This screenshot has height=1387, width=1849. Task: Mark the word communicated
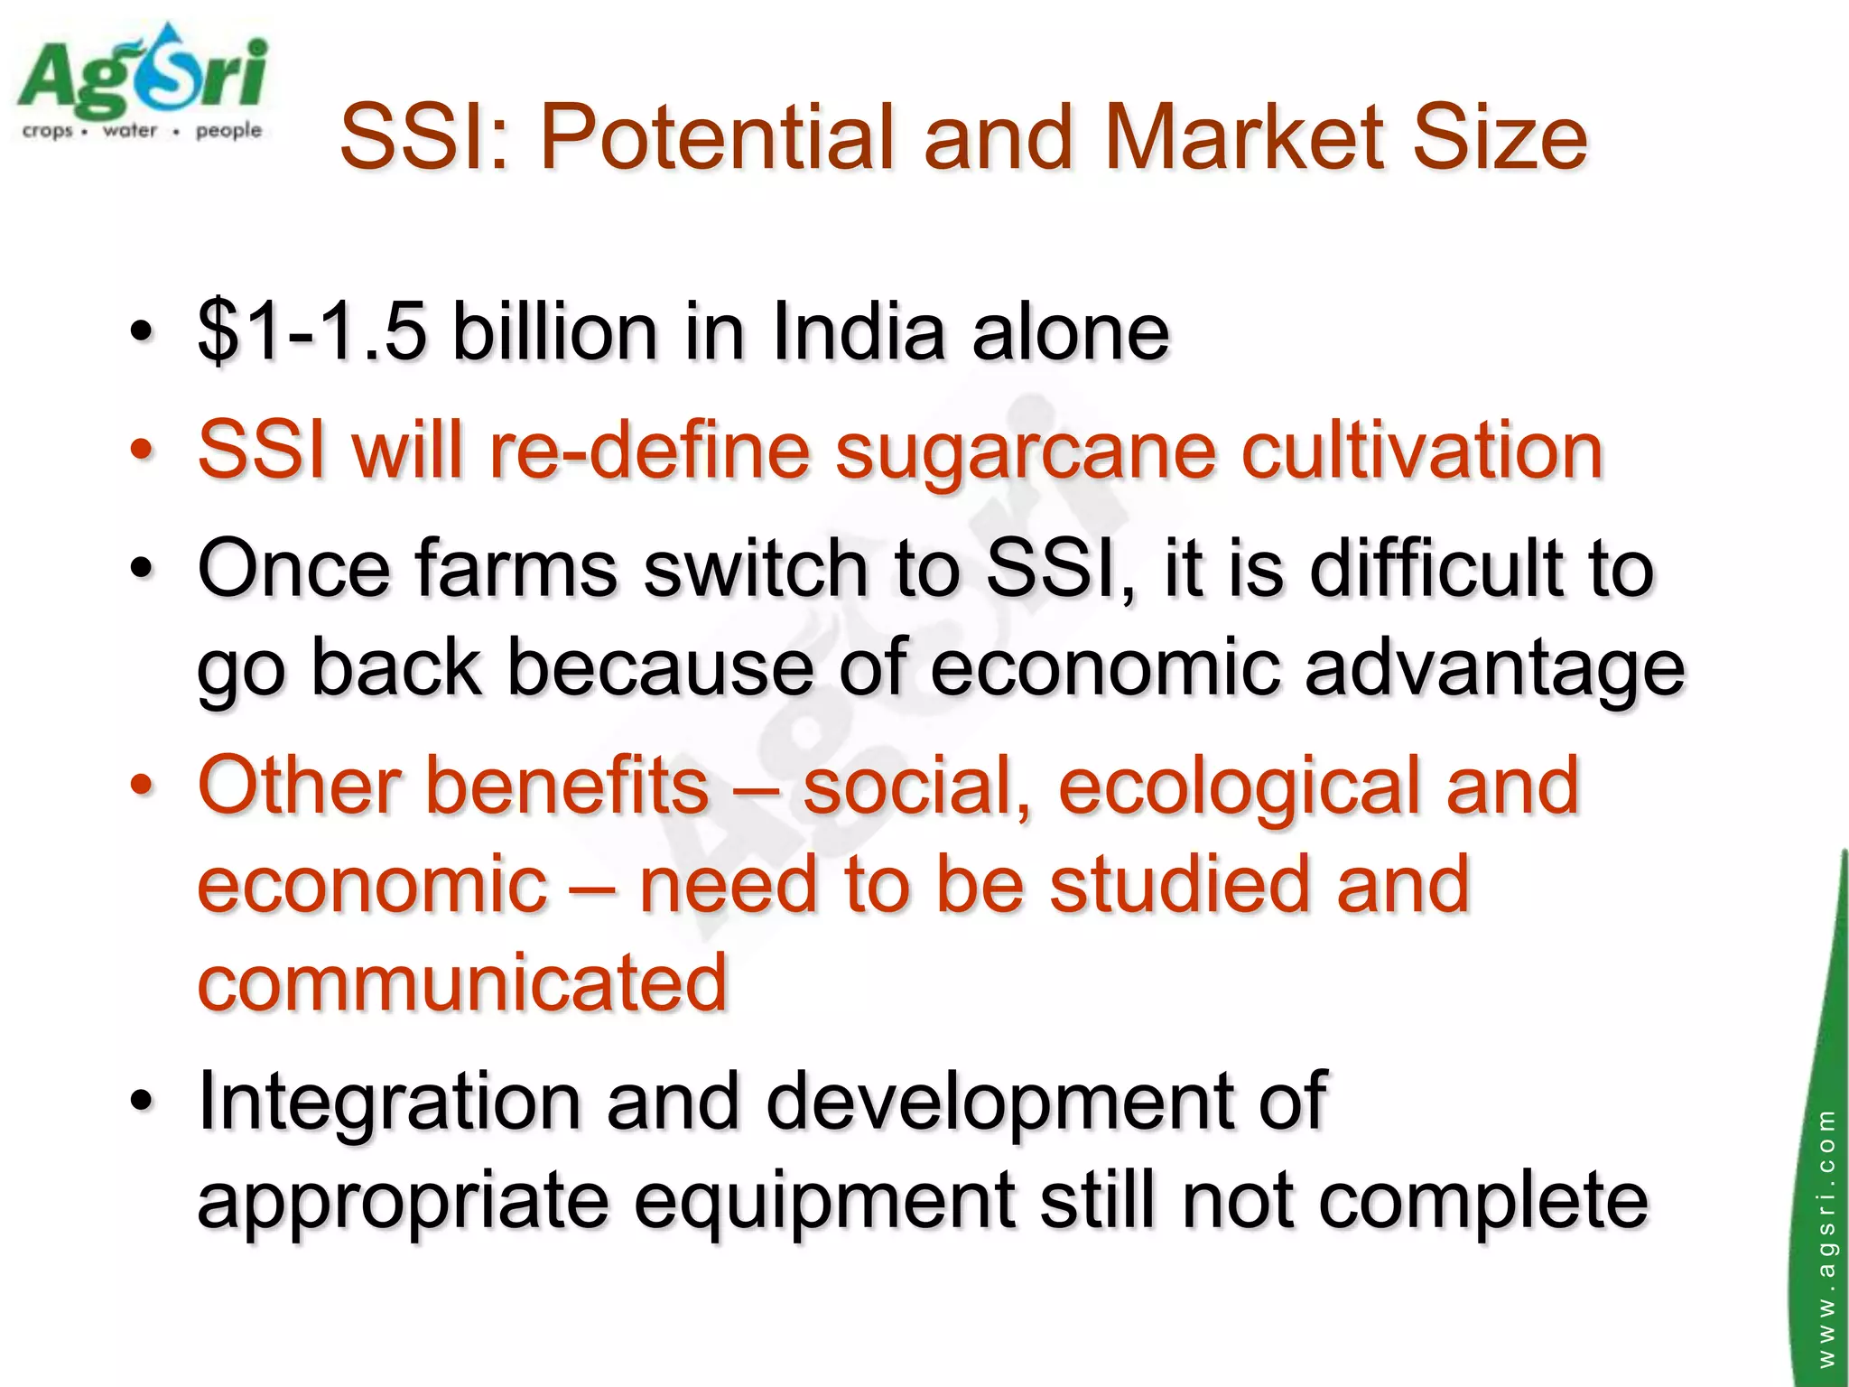click(x=462, y=982)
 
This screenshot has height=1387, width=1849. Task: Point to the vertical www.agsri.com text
click(x=1826, y=1237)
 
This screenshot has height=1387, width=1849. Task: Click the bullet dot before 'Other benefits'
click(x=141, y=786)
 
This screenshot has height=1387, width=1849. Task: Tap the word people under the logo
click(x=228, y=132)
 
